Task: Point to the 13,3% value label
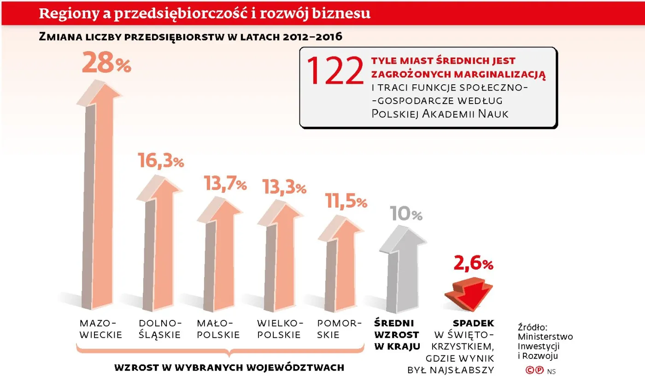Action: [x=284, y=186]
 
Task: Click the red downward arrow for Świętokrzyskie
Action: [x=468, y=292]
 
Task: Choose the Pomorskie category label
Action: [x=337, y=329]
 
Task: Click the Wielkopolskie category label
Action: [x=279, y=329]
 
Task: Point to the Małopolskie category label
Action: [x=218, y=329]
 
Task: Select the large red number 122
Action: [x=335, y=71]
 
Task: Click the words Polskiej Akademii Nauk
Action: [x=440, y=114]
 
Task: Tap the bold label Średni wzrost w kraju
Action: [x=397, y=335]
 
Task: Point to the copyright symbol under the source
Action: [x=530, y=370]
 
